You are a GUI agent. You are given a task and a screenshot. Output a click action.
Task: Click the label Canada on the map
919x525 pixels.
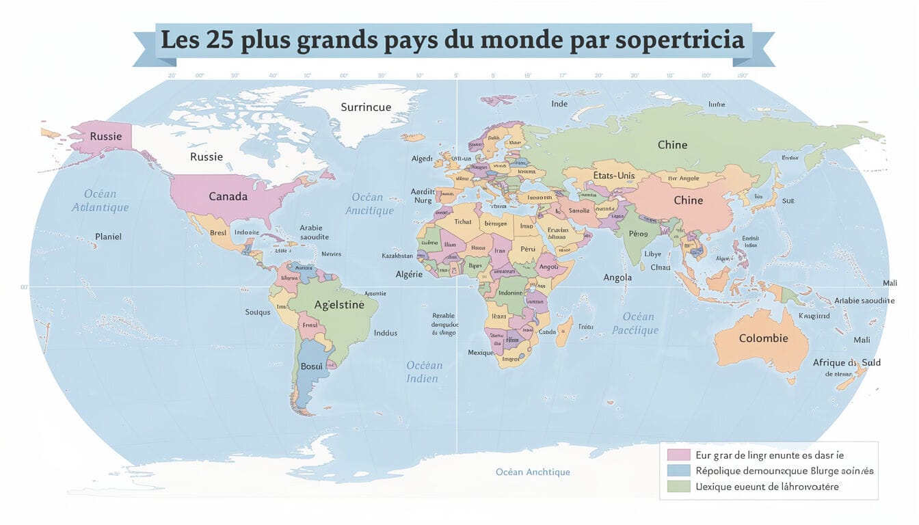pyautogui.click(x=228, y=196)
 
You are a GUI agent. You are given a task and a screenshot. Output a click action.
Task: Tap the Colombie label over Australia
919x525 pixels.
pyautogui.click(x=763, y=338)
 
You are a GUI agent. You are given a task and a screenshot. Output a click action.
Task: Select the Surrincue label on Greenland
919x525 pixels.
pyautogui.click(x=366, y=107)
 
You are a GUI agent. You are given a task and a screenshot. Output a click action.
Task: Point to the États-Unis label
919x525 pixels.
pyautogui.click(x=613, y=176)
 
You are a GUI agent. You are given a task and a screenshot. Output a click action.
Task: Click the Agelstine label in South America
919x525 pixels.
pyautogui.click(x=338, y=305)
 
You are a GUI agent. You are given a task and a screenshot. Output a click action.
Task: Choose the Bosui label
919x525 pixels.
pyautogui.click(x=311, y=366)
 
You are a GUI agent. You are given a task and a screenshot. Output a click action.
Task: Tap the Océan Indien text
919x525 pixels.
pyautogui.click(x=424, y=372)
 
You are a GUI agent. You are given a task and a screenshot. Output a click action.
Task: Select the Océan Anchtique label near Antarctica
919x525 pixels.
pyautogui.click(x=533, y=472)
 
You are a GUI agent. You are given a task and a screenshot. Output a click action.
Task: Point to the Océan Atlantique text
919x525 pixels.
pyautogui.click(x=100, y=200)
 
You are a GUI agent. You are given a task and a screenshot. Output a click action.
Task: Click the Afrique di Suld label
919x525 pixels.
pyautogui.click(x=847, y=362)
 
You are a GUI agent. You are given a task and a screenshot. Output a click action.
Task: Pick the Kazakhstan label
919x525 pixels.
pyautogui.click(x=397, y=256)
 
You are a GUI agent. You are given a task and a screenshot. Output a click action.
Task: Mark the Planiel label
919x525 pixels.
pyautogui.click(x=109, y=237)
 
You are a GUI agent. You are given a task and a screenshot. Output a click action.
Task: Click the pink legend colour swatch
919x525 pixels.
pyautogui.click(x=678, y=454)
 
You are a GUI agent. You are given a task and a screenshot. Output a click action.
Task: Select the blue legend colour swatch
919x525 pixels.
pyautogui.click(x=678, y=470)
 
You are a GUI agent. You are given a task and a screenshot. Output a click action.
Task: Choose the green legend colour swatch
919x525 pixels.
pyautogui.click(x=678, y=486)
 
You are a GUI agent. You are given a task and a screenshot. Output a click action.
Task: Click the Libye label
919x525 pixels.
pyautogui.click(x=654, y=254)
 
